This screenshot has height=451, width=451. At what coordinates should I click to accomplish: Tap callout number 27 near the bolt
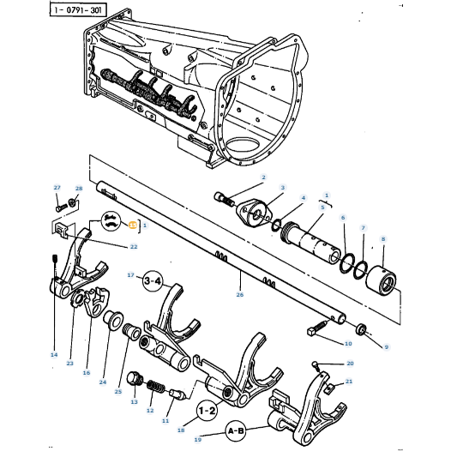[57, 188]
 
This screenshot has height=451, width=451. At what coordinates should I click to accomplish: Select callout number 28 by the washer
[78, 189]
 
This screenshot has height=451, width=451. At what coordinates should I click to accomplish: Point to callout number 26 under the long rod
[240, 294]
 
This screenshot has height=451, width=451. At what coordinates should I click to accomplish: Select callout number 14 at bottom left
[53, 354]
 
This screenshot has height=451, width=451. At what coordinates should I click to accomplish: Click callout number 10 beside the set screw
[347, 344]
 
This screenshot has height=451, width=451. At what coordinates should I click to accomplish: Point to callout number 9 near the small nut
[386, 346]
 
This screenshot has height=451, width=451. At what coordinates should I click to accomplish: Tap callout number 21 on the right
[349, 382]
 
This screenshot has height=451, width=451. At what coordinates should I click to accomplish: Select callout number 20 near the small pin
[349, 364]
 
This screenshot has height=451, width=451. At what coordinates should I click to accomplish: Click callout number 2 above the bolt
[263, 177]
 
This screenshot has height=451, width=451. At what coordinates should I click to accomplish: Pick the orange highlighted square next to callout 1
[132, 225]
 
